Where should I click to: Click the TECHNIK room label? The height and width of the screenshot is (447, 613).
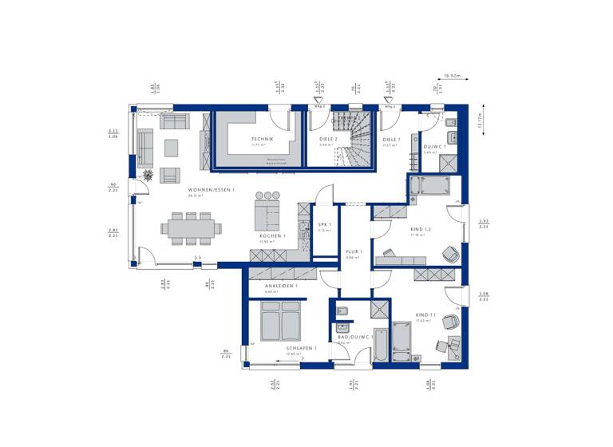click(262, 139)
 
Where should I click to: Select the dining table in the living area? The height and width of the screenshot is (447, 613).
click(191, 227)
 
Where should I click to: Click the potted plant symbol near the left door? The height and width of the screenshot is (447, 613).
click(148, 174)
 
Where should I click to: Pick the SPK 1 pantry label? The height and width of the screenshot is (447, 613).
click(324, 225)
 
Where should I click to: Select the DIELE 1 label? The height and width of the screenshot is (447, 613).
click(391, 140)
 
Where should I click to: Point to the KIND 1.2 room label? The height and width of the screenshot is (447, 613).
click(421, 230)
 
